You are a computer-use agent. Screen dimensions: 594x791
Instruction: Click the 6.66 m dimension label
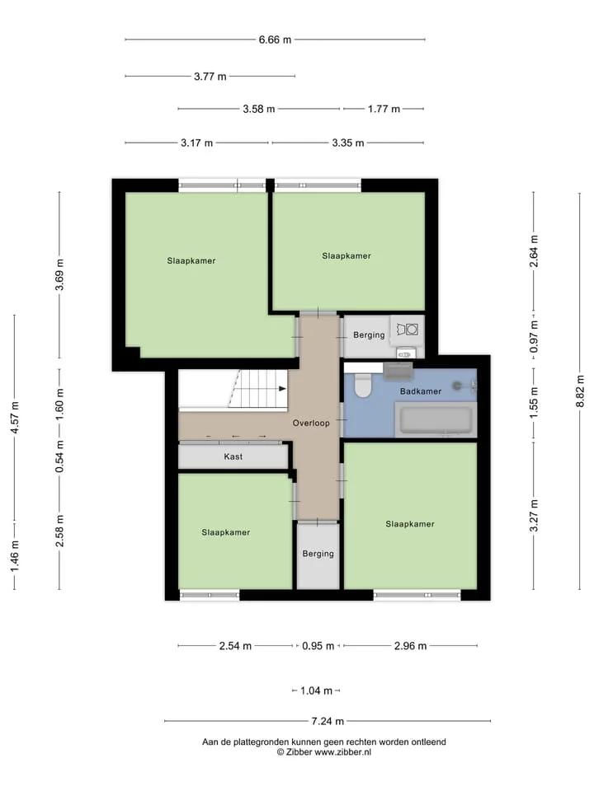point(275,40)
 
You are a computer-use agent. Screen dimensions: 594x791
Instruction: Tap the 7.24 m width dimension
point(328,722)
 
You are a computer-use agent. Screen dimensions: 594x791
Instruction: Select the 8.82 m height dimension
point(580,391)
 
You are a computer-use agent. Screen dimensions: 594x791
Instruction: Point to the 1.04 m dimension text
point(316,690)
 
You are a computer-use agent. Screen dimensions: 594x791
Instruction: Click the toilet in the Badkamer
point(362,386)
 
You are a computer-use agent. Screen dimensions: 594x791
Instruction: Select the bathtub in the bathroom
point(436,419)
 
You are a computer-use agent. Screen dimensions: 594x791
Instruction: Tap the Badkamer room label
point(420,391)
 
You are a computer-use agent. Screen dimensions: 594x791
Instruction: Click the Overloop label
point(311,424)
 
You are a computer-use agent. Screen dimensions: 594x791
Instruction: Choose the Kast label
point(233,456)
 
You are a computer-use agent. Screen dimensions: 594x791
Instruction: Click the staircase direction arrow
point(283,388)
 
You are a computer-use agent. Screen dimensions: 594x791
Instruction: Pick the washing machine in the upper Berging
point(407,330)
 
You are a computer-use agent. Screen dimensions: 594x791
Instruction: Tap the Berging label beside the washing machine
point(369,335)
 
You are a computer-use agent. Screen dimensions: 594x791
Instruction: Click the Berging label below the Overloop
point(318,554)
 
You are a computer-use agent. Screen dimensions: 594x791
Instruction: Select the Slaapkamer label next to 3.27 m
point(410,524)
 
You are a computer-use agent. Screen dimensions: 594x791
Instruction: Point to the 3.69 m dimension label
point(59,274)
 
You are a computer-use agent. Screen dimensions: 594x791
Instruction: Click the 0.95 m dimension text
point(318,646)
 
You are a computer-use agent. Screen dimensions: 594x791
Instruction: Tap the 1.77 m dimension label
point(384,109)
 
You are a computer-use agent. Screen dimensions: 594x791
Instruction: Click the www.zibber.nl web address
point(343,752)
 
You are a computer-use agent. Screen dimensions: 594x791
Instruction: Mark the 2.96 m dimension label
point(410,646)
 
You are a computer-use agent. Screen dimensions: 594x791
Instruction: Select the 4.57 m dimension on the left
point(15,418)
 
